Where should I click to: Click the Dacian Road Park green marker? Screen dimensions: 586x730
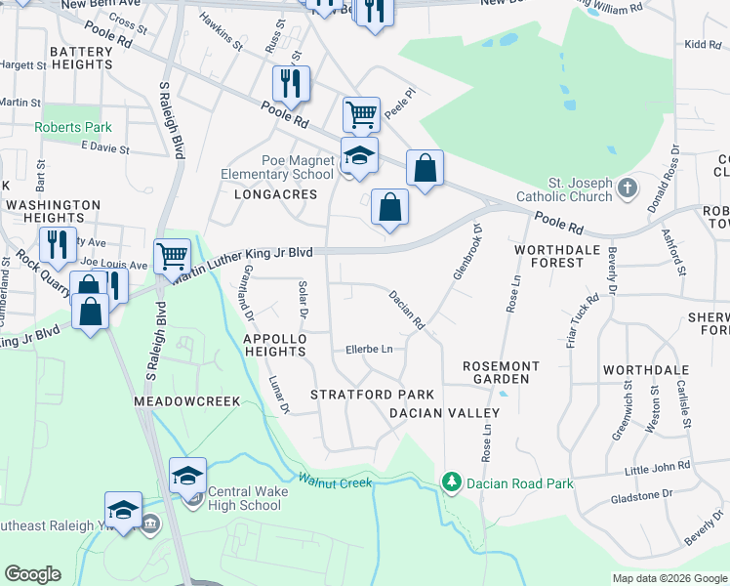click(x=451, y=481)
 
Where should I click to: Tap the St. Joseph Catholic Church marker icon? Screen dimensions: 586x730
click(x=629, y=186)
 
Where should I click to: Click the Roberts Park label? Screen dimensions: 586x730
click(x=73, y=127)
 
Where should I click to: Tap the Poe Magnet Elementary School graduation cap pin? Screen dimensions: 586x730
click(x=358, y=155)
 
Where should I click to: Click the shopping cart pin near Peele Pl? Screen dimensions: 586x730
click(x=361, y=114)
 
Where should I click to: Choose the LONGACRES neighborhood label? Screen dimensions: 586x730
click(x=276, y=194)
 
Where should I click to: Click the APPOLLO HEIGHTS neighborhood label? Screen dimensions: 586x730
click(x=275, y=345)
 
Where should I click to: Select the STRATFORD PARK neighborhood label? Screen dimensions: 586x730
click(x=372, y=395)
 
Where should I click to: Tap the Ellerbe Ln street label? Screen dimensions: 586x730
click(x=369, y=349)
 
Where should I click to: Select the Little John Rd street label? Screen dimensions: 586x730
click(x=657, y=468)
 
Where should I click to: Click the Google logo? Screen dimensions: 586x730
click(x=33, y=574)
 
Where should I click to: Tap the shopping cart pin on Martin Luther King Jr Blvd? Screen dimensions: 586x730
click(x=172, y=256)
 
